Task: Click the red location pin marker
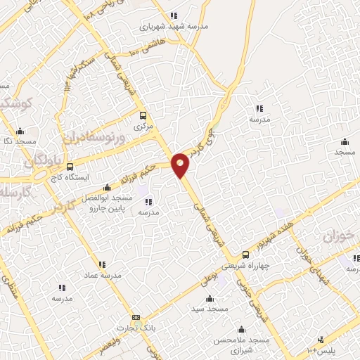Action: point(181,164)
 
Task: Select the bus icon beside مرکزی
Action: point(143,115)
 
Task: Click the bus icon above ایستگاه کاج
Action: point(70,167)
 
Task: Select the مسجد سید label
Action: point(210,309)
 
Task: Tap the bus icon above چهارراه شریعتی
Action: point(245,255)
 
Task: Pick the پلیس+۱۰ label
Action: point(323,350)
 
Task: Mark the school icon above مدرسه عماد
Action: point(102,264)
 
